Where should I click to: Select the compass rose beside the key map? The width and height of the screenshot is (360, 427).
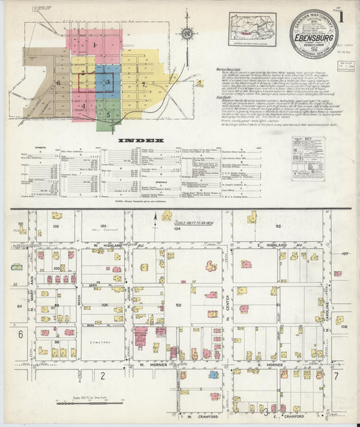(188, 33)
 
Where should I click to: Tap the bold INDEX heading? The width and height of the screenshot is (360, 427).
(141, 141)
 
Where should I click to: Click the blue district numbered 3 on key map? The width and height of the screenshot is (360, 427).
(107, 81)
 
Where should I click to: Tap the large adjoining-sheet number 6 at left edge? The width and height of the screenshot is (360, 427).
(22, 335)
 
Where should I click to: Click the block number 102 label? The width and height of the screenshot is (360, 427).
(56, 227)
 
